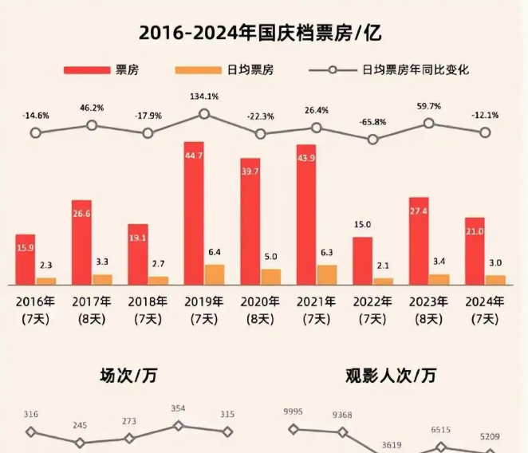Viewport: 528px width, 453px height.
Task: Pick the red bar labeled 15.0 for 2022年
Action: click(362, 260)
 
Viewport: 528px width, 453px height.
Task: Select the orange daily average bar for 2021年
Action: click(327, 274)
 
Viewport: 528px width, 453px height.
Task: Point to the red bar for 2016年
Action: click(26, 258)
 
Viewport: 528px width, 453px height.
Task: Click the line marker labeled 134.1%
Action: click(204, 114)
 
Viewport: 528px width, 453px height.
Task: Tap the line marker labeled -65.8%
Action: click(372, 139)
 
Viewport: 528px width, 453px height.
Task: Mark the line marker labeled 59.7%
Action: click(429, 123)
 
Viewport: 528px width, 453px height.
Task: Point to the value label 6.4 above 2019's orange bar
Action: click(215, 252)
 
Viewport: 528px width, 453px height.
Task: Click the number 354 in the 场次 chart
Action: click(178, 409)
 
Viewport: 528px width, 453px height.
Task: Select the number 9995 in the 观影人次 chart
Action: click(294, 412)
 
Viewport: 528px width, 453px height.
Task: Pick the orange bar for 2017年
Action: click(102, 279)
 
